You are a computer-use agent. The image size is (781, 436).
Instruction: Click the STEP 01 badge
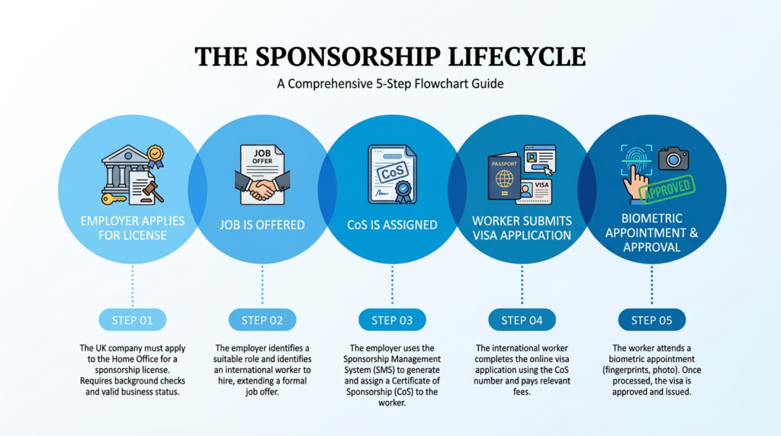pos(132,320)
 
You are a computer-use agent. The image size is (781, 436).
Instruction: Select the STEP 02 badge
pos(262,320)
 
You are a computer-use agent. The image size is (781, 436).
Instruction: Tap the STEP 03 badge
pos(392,320)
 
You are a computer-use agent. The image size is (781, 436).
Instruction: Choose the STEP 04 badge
pos(522,320)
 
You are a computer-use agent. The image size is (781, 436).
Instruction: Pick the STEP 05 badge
pos(652,320)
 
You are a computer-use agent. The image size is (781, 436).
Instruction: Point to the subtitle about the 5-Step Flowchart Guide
pos(390,84)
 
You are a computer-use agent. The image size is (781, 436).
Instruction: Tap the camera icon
pos(673,158)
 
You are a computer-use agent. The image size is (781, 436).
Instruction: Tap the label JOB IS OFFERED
pos(262,225)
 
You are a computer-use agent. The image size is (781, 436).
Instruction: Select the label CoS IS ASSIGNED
pos(391,225)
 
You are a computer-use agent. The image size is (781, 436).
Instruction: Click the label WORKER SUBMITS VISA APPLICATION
pos(522,228)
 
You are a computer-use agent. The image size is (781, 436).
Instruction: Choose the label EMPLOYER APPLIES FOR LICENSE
pos(132,228)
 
